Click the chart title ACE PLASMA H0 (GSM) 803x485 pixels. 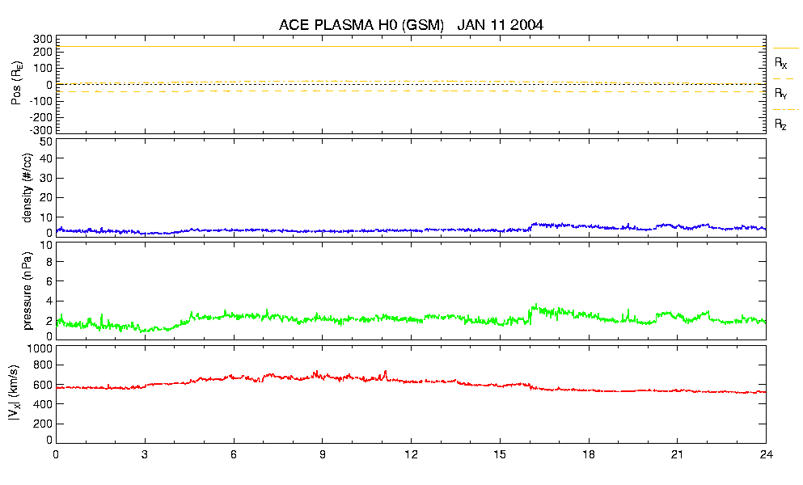[361, 25]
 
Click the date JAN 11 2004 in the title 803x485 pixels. [500, 25]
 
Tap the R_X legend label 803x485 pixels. [781, 62]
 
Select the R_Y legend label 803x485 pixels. [781, 94]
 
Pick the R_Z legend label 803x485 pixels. [781, 124]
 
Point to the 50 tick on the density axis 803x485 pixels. [46, 141]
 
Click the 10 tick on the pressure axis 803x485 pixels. [46, 245]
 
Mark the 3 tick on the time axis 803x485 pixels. [145, 454]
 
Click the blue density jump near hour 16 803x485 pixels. [530, 226]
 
